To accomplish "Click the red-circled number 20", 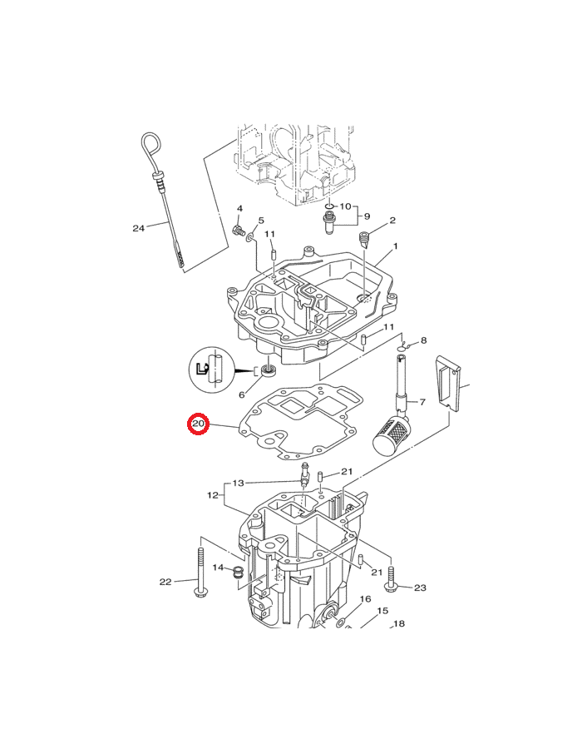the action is [198, 424].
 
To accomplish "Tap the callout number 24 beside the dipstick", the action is [138, 228].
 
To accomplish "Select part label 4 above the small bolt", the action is [239, 208].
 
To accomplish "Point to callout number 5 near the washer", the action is [261, 221].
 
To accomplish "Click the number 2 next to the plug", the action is [392, 221].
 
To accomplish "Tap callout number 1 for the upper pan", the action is [395, 246].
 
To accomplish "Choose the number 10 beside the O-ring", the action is [345, 206].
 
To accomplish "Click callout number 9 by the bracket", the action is [367, 216].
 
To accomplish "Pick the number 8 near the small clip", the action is [423, 340].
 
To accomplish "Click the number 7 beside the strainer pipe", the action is [422, 402].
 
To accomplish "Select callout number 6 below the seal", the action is [241, 394].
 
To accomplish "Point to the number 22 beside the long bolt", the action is [165, 582].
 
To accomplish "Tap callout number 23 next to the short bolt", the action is [420, 588].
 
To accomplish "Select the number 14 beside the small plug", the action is [218, 568].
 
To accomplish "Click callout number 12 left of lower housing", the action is [213, 495].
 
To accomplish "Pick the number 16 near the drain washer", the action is [365, 599].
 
